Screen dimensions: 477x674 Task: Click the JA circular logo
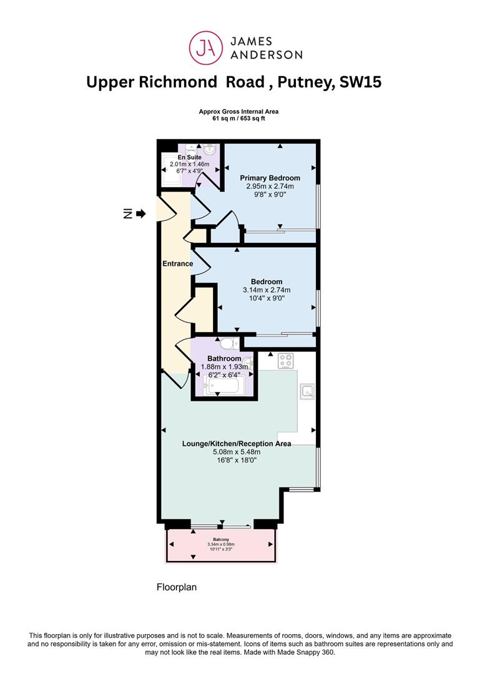206,47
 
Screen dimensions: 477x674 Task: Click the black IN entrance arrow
141,213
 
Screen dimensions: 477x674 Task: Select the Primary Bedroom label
270,177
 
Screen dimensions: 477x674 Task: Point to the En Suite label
190,157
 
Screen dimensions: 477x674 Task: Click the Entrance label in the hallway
178,263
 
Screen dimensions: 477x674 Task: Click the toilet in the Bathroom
229,343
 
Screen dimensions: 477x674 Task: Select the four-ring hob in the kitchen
286,361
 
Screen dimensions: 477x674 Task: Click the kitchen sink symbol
307,391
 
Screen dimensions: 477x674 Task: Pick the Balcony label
221,539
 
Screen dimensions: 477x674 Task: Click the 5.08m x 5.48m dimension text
237,452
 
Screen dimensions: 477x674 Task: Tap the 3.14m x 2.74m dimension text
267,290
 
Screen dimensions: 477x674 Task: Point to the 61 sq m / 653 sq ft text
238,118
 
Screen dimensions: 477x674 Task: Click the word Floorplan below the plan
176,587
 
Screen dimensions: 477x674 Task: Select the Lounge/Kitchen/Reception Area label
237,444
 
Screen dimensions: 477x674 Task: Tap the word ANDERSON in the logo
267,54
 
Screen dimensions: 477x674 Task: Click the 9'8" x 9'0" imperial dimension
270,194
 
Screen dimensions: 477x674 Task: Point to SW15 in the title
360,82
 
